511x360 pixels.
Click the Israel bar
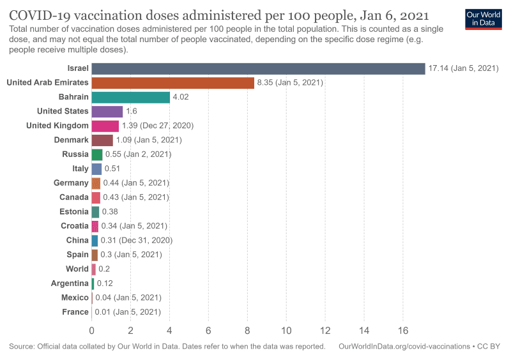point(258,68)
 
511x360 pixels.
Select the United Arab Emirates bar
point(172,83)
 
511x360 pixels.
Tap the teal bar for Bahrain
point(130,97)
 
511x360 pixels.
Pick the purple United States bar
point(107,111)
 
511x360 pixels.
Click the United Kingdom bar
point(105,126)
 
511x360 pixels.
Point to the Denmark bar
point(102,140)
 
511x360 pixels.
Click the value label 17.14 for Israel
point(462,68)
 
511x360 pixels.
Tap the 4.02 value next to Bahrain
point(180,97)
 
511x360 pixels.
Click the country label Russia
point(75,154)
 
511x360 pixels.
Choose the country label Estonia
point(74,211)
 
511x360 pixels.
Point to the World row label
point(77,269)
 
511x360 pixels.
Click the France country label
point(75,312)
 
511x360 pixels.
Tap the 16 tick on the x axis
point(403,331)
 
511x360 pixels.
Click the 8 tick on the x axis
point(247,331)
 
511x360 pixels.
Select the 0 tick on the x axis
point(91,331)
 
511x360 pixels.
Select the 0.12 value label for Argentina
point(105,283)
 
